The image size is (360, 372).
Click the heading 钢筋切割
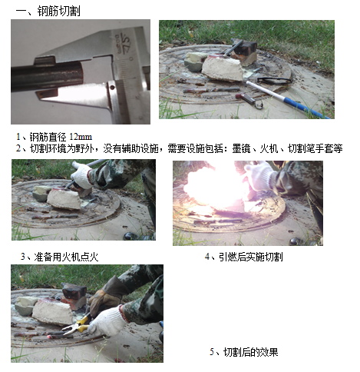click(x=59, y=11)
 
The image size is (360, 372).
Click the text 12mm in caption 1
click(x=81, y=137)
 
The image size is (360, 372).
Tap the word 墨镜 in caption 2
click(x=241, y=148)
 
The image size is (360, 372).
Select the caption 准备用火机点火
click(x=66, y=257)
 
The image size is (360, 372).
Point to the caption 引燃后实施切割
click(x=251, y=257)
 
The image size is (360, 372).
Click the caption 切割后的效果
click(x=251, y=352)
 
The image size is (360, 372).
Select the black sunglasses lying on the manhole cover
click(x=274, y=81)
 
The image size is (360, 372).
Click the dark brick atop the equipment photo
click(x=245, y=46)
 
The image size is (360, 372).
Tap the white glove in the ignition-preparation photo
click(x=81, y=176)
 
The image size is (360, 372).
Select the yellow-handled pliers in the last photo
click(x=78, y=326)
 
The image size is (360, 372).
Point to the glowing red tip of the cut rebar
click(x=48, y=336)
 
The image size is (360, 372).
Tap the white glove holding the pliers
click(x=107, y=321)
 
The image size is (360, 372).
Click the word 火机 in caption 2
click(x=269, y=148)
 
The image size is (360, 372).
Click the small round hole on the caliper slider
click(x=112, y=88)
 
